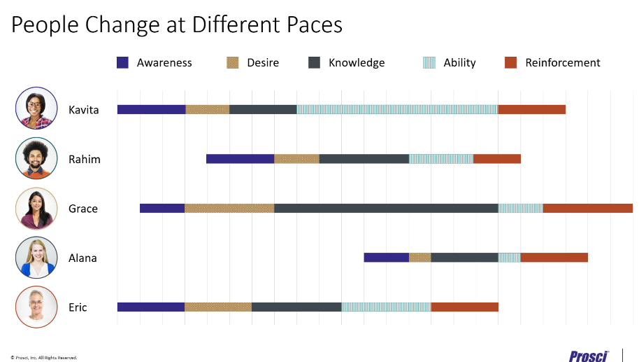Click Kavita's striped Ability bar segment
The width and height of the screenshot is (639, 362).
(397, 109)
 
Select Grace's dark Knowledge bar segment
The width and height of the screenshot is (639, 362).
(386, 208)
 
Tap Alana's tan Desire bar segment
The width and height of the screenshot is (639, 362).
(419, 258)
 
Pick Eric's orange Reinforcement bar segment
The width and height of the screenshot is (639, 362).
(464, 307)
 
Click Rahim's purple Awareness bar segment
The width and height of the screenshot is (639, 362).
(240, 159)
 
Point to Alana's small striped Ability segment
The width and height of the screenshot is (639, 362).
(509, 258)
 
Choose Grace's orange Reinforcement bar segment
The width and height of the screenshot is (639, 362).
(587, 208)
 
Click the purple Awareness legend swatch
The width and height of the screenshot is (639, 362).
(122, 62)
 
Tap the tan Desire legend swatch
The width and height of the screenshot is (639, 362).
(233, 62)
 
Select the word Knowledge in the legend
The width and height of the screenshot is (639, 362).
(357, 62)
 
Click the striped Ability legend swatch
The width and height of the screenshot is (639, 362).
(429, 62)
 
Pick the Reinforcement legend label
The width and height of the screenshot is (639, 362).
(562, 62)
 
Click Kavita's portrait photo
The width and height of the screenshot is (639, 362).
(36, 109)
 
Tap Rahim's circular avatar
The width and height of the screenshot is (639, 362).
(36, 159)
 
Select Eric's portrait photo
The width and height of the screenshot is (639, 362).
(36, 307)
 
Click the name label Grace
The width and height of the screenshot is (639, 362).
(83, 209)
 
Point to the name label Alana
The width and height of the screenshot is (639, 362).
(82, 258)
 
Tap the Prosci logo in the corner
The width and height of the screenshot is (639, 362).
(588, 356)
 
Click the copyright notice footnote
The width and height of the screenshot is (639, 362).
(43, 357)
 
